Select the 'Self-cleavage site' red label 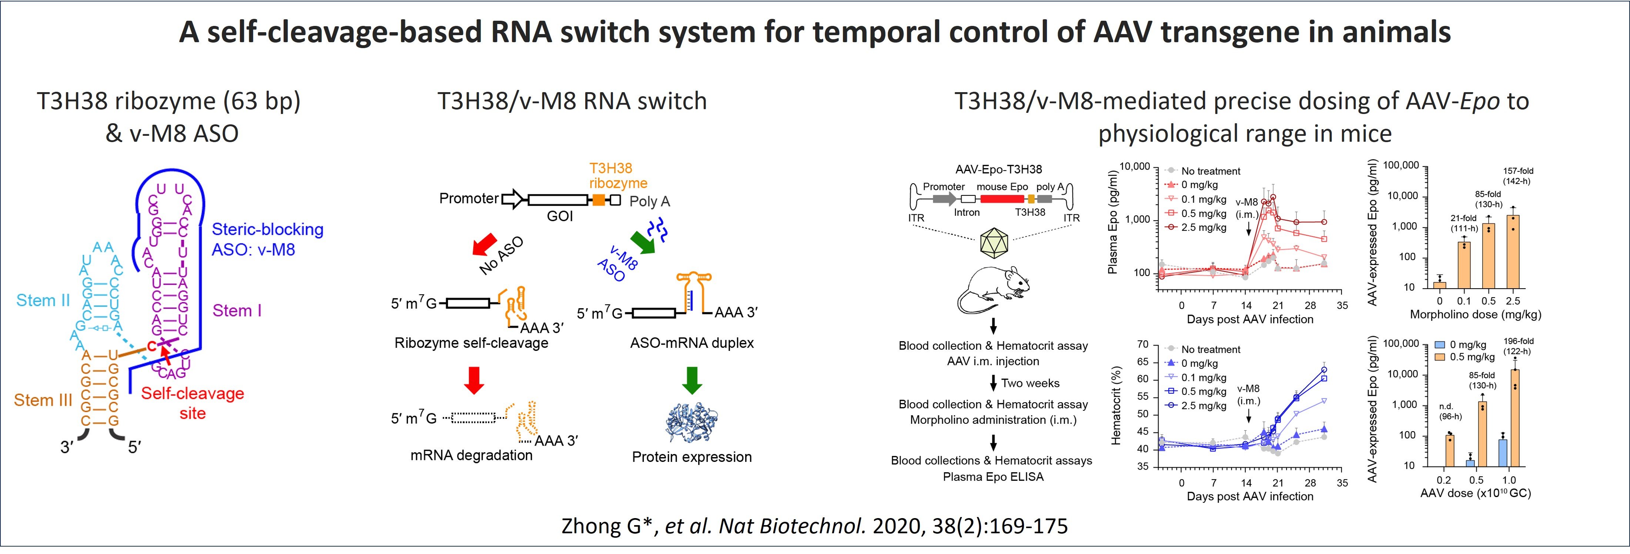coord(193,403)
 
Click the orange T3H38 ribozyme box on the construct coord(599,200)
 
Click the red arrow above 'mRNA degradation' coord(474,379)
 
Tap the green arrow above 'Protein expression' coord(692,379)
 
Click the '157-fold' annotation coord(1518,171)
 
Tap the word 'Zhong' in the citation coord(592,526)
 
